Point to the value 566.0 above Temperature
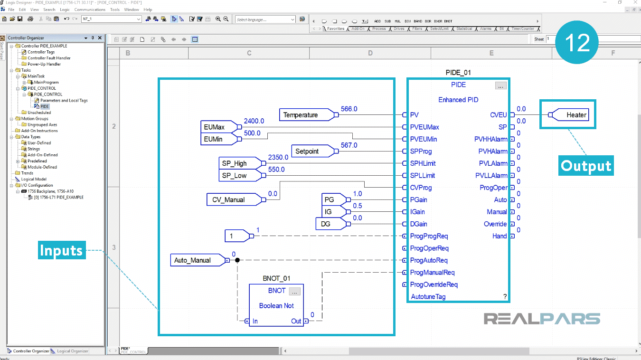[349, 109]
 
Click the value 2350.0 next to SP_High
[278, 157]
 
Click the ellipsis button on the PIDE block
[500, 86]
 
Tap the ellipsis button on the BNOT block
[294, 291]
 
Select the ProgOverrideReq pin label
[434, 284]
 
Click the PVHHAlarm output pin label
[490, 139]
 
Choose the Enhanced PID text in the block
[458, 100]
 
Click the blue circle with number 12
[577, 43]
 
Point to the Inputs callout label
[61, 250]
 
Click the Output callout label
[586, 166]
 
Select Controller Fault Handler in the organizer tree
[49, 58]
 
